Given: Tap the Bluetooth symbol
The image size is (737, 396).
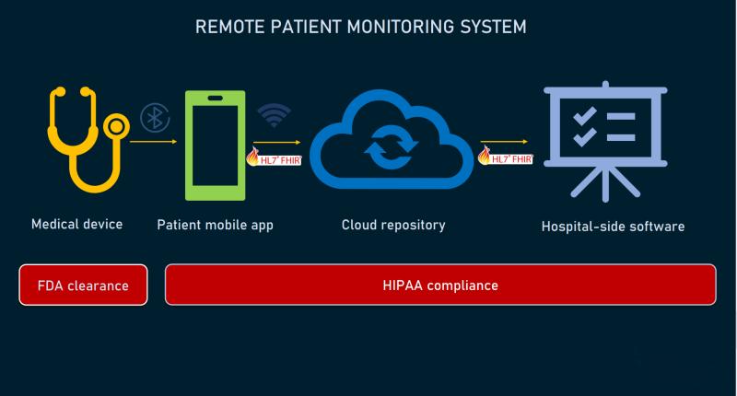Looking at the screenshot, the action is [x=155, y=118].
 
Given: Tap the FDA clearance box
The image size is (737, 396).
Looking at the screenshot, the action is [x=83, y=285].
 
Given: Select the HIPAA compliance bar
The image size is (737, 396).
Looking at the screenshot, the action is [x=440, y=285].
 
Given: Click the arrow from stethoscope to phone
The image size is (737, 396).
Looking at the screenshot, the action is [x=153, y=142].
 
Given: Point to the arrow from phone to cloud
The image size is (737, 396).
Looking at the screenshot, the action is [x=277, y=142].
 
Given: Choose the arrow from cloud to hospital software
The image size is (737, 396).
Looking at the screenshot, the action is [x=504, y=142].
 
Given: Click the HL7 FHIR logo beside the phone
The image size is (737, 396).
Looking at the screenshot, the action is [x=274, y=157].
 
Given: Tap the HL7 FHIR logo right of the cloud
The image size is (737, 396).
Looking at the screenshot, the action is [x=505, y=157].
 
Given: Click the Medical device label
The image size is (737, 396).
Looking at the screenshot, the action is [x=77, y=224].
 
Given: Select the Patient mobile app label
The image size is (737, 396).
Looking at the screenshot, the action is [x=215, y=225].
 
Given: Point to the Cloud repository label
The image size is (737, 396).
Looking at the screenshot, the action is [x=393, y=225].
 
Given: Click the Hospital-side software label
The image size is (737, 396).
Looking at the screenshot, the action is [x=613, y=227].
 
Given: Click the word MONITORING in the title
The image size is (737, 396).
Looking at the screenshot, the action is [x=401, y=27].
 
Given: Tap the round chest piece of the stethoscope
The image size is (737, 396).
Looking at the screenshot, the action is [x=117, y=126].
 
